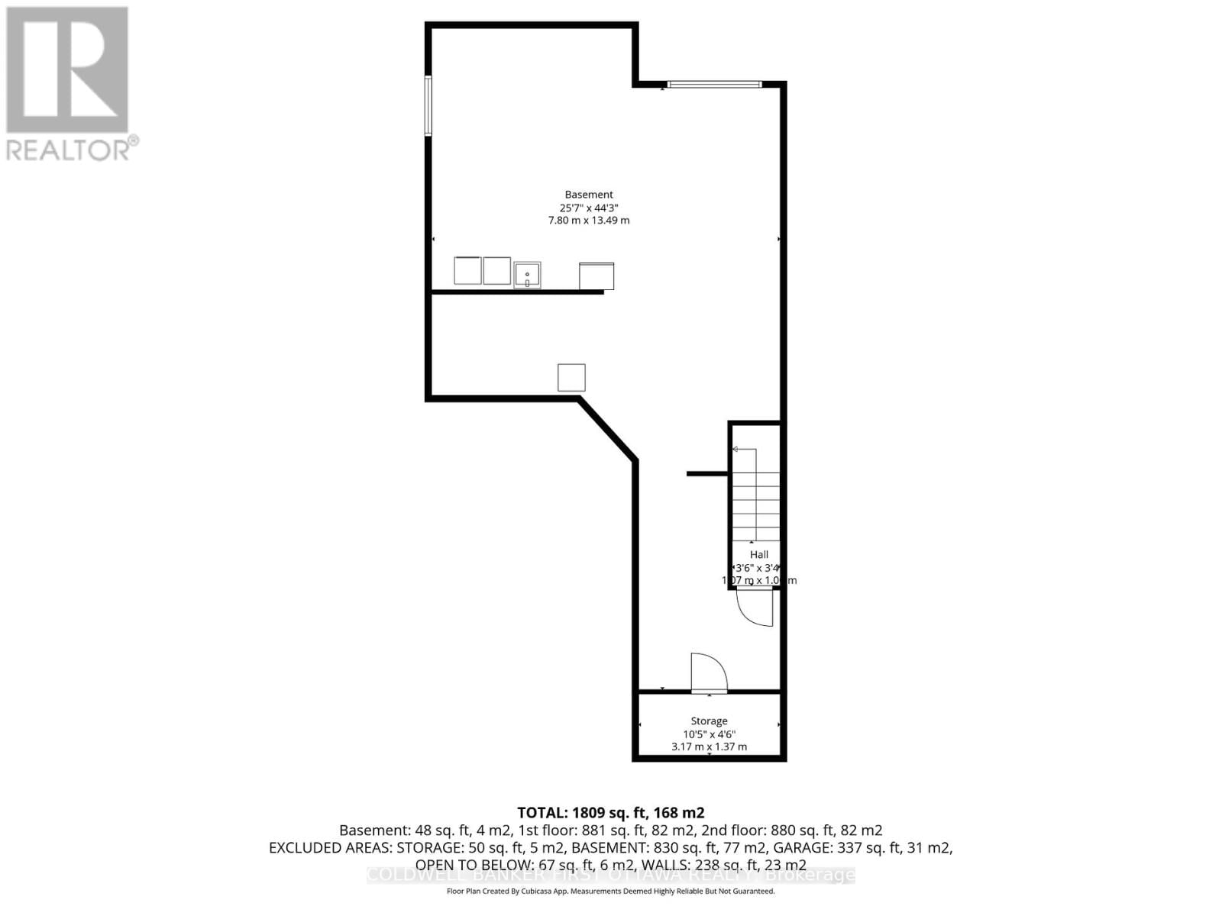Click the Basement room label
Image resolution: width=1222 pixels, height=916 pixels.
[589, 195]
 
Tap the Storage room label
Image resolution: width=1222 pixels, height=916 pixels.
[709, 721]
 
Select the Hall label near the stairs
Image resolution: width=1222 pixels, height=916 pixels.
[758, 555]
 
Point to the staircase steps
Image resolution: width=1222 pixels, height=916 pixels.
[756, 496]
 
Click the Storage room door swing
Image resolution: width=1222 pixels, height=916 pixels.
[708, 672]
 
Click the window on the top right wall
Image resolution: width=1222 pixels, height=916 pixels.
[714, 84]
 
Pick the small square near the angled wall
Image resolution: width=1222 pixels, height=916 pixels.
[571, 378]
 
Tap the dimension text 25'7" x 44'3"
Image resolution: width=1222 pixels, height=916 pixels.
[589, 208]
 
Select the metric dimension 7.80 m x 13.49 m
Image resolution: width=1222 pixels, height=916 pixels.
[589, 221]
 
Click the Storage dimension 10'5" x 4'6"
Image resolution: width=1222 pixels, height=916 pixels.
[709, 734]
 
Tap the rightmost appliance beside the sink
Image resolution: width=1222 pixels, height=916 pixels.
[596, 276]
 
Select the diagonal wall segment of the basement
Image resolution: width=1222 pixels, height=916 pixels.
[608, 428]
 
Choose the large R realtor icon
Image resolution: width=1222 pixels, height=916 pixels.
[67, 70]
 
